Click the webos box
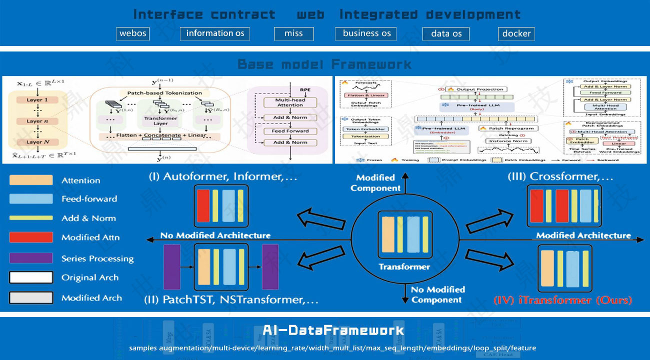click(x=133, y=33)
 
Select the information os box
click(x=215, y=33)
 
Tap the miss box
click(x=293, y=33)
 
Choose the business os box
click(x=366, y=33)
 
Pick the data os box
click(x=446, y=33)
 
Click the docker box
click(x=516, y=33)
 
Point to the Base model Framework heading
click(x=324, y=64)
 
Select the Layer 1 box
click(x=34, y=100)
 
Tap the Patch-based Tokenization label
click(x=164, y=93)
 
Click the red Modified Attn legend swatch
click(x=31, y=237)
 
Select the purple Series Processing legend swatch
click(x=31, y=258)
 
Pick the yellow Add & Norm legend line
click(x=31, y=218)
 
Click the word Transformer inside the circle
click(x=404, y=266)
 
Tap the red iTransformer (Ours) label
click(x=562, y=300)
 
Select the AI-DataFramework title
click(x=333, y=330)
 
